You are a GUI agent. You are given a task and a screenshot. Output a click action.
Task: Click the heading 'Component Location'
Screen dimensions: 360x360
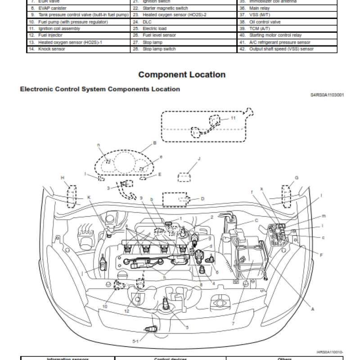click(182, 75)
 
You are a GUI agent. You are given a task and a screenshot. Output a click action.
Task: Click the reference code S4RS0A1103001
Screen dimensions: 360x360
click(327, 95)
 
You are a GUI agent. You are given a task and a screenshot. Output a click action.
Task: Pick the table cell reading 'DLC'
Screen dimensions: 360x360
click(147, 21)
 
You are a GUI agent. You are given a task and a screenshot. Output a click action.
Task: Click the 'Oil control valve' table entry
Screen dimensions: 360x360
click(265, 21)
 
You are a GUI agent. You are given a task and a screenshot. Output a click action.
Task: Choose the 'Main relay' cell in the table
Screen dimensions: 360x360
click(261, 8)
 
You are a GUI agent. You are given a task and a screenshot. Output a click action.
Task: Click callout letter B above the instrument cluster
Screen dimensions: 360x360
click(154, 143)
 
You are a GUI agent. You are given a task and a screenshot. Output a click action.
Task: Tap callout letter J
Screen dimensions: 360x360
click(198, 159)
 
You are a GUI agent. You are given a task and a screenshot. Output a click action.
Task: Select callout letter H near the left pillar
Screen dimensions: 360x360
click(63, 178)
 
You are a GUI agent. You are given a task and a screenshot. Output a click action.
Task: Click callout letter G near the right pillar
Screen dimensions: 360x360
click(297, 178)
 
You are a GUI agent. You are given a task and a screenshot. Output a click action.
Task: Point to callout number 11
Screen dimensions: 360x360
click(233, 118)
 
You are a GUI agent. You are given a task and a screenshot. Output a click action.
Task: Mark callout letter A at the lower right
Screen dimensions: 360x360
click(313, 309)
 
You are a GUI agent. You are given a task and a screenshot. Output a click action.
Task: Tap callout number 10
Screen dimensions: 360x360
click(105, 306)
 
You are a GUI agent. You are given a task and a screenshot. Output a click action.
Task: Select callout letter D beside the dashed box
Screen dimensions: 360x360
click(202, 198)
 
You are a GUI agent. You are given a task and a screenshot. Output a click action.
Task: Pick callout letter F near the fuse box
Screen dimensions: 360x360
click(321, 255)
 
